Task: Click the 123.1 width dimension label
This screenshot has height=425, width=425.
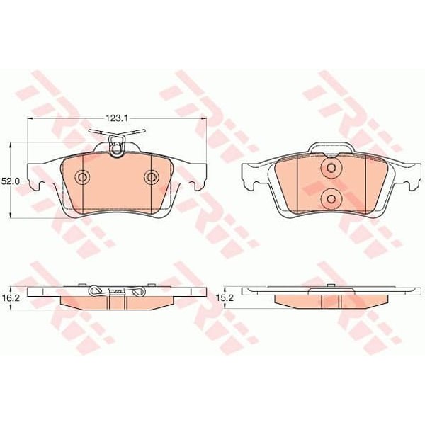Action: (117, 118)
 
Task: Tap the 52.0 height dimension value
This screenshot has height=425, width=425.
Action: (11, 181)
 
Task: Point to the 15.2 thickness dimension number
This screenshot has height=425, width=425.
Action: (225, 298)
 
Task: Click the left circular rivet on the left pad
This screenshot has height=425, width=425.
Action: (82, 177)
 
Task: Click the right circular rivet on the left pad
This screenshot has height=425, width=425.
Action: (151, 177)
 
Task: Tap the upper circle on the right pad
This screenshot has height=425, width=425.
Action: (331, 168)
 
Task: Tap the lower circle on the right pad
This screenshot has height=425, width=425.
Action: (331, 199)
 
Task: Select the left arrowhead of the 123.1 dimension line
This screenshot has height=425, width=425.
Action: (30, 118)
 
